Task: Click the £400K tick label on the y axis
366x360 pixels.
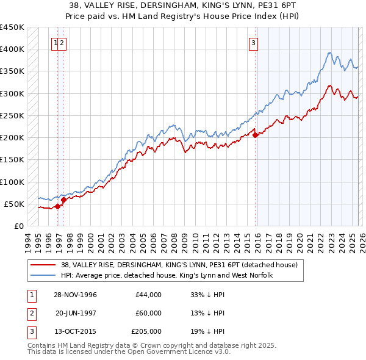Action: (x=12, y=49)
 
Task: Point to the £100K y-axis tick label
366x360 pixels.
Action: (x=12, y=182)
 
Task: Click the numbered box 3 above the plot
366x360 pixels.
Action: (x=253, y=43)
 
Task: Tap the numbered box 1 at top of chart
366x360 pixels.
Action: (x=56, y=43)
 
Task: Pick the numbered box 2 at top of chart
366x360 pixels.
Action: (x=63, y=43)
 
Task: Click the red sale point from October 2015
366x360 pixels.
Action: (x=255, y=135)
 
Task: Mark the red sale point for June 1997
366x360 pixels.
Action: (x=63, y=199)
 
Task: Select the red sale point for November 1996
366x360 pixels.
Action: (x=58, y=206)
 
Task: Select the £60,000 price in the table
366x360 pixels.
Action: (x=148, y=313)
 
